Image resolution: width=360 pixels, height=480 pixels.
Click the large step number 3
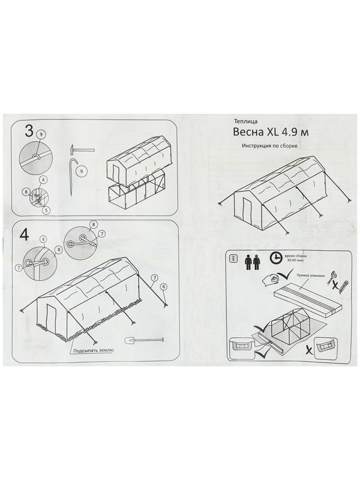(28, 132)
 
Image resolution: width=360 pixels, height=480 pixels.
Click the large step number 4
(25, 235)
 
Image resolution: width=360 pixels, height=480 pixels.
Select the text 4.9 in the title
(295, 132)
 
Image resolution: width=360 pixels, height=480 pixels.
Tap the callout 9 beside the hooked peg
(83, 170)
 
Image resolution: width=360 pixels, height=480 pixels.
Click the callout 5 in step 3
(46, 209)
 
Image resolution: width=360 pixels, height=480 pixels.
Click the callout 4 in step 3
(44, 179)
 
